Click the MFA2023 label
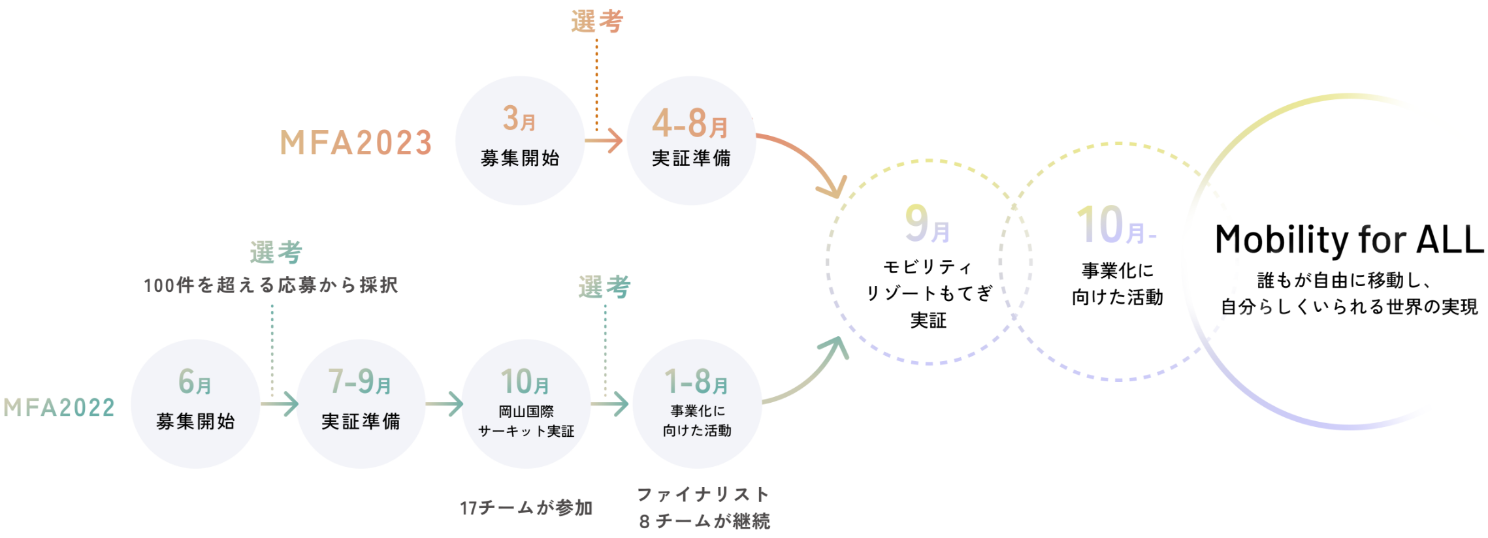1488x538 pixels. (x=356, y=142)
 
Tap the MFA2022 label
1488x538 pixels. (x=59, y=407)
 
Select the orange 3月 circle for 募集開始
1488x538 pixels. (x=519, y=140)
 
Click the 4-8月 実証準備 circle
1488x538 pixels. (x=690, y=140)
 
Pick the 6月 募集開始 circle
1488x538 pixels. (x=195, y=403)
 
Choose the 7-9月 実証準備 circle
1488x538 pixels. (x=361, y=403)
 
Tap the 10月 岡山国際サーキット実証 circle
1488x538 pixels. (x=526, y=403)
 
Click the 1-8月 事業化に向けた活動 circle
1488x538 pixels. (x=697, y=403)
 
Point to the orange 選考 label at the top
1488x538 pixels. (x=597, y=22)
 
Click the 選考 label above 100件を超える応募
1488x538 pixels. (x=276, y=253)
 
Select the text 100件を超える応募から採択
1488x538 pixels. (x=271, y=285)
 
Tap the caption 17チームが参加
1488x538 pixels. (x=526, y=508)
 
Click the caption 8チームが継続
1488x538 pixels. (x=704, y=521)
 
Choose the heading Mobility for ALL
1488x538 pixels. (x=1349, y=240)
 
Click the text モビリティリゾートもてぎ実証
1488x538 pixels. (x=928, y=293)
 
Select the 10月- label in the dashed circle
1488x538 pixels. (x=1116, y=226)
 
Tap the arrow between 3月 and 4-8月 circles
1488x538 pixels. (x=604, y=140)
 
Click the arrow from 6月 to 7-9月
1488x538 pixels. (x=279, y=404)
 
